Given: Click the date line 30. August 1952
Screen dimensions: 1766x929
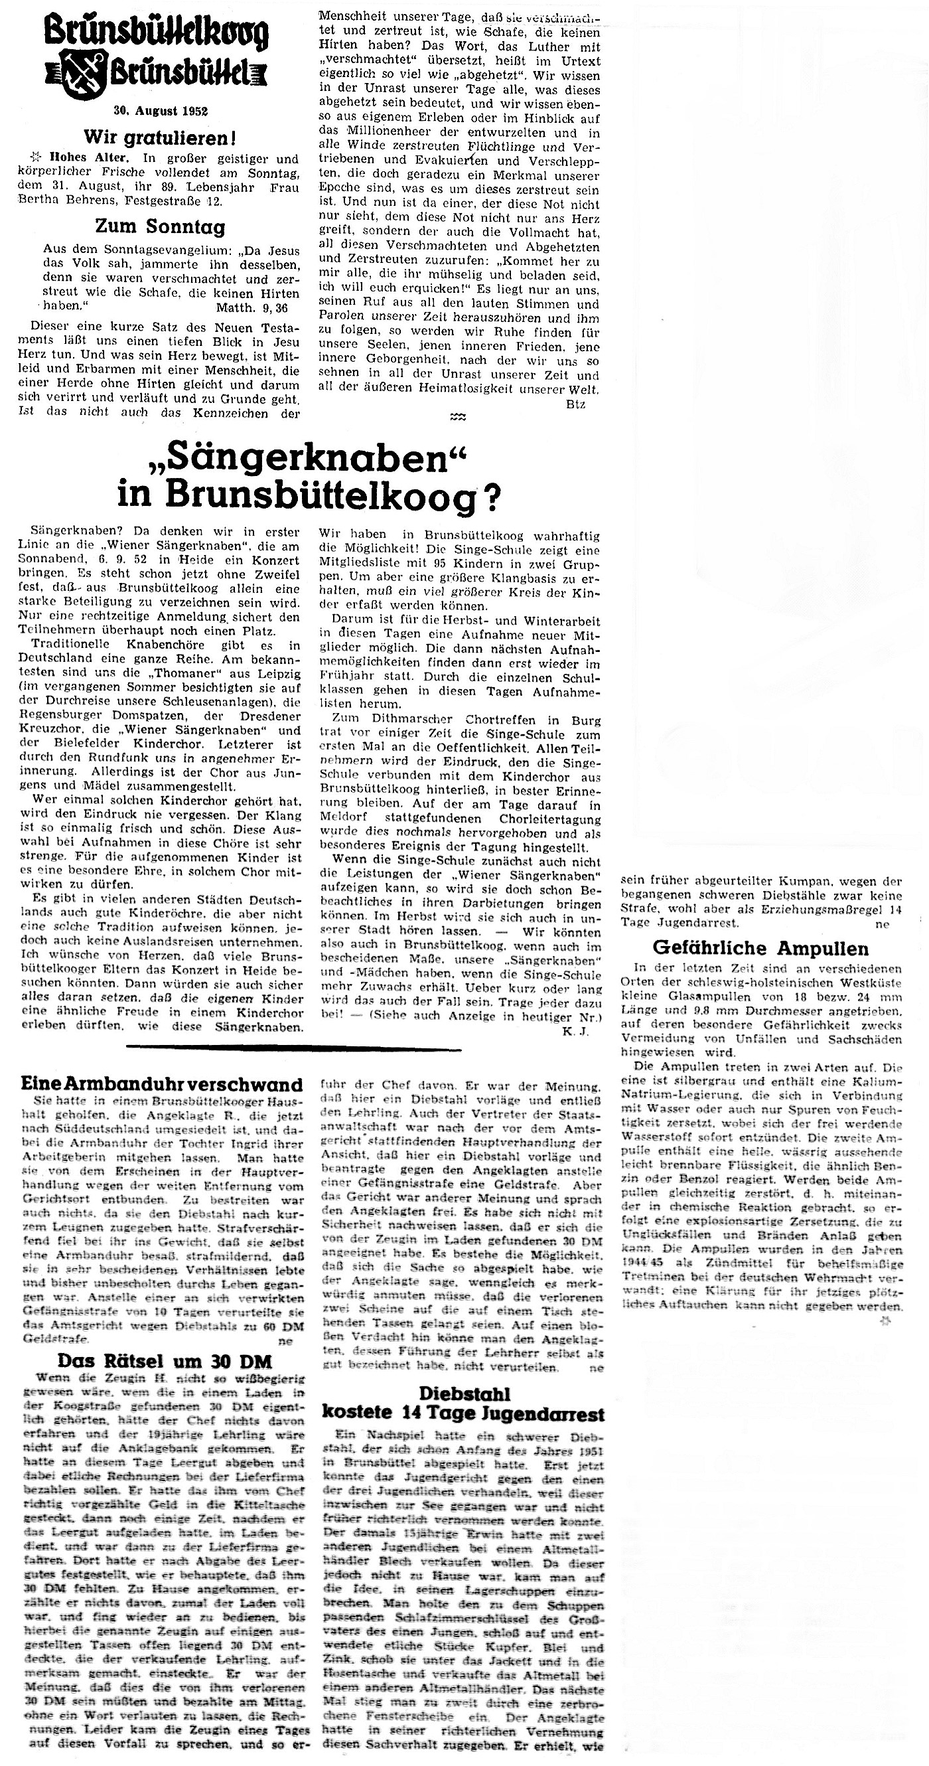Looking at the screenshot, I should coord(161,110).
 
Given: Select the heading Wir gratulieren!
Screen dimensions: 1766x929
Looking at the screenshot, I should coord(161,138).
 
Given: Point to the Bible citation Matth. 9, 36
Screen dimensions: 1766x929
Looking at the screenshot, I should coord(252,309).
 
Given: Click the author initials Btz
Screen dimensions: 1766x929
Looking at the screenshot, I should coord(575,404).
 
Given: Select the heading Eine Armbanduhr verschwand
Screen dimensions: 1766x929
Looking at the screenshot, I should coord(162,1084).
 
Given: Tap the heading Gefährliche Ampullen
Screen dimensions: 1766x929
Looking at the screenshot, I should coord(760,949).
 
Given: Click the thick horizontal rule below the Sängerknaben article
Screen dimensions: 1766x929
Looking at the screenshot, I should coord(294,1048).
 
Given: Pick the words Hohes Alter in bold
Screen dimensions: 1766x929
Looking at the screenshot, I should coord(70,156).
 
